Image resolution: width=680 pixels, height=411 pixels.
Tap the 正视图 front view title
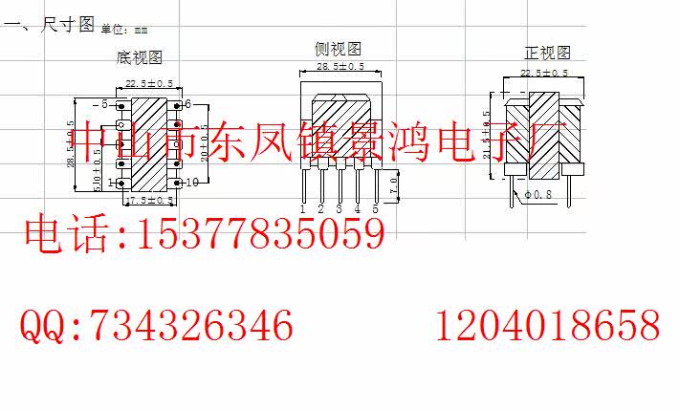pyautogui.click(x=547, y=53)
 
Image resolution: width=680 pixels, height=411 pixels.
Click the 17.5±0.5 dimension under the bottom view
pyautogui.click(x=149, y=200)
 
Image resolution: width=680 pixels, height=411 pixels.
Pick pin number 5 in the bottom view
pyautogui.click(x=103, y=103)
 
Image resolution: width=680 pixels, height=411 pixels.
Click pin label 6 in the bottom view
pyautogui.click(x=189, y=103)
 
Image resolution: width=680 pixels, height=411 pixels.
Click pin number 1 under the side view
pyautogui.click(x=302, y=208)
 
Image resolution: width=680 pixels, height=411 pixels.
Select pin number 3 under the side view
pyautogui.click(x=339, y=208)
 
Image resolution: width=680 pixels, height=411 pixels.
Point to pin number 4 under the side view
pyautogui.click(x=357, y=208)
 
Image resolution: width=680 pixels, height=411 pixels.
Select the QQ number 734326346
pyautogui.click(x=192, y=326)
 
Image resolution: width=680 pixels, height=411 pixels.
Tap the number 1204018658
pyautogui.click(x=548, y=326)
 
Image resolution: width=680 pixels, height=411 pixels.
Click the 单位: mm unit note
pyautogui.click(x=125, y=31)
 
